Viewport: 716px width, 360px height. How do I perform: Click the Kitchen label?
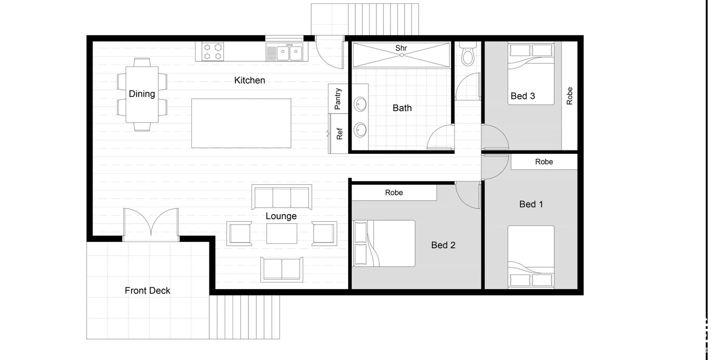(249, 80)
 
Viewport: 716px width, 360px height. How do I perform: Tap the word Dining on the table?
(142, 94)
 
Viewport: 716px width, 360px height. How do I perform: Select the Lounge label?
(281, 216)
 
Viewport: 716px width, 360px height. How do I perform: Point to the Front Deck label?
(147, 291)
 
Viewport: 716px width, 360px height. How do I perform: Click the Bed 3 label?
(522, 96)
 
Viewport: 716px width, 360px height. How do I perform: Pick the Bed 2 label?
(443, 245)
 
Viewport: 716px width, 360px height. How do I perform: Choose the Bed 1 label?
(531, 204)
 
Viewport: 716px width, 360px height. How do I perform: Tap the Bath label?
(402, 108)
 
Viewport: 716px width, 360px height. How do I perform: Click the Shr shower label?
(401, 48)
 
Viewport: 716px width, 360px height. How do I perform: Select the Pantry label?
(338, 99)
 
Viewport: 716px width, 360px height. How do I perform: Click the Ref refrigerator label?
(339, 133)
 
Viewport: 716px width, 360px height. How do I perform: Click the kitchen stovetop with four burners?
(213, 51)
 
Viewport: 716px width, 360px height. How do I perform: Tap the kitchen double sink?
(289, 53)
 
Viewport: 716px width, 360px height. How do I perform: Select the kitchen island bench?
(241, 123)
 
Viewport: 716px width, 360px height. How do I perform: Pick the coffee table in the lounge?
(282, 234)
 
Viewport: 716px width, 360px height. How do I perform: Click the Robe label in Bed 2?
(394, 193)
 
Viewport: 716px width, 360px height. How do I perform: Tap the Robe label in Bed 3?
(569, 96)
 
